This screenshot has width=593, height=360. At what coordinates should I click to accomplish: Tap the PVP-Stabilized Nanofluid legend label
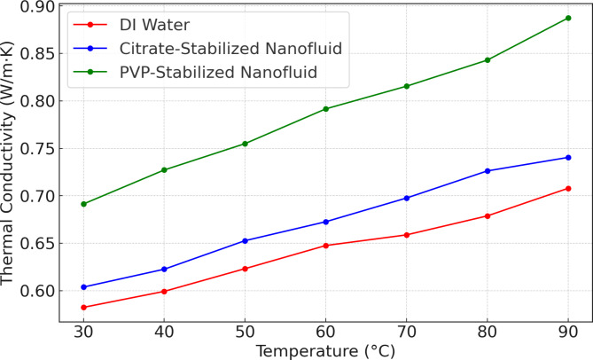[217, 70]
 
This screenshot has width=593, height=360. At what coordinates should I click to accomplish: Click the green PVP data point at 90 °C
[567, 18]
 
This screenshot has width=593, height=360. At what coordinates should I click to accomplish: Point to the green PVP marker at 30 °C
[84, 204]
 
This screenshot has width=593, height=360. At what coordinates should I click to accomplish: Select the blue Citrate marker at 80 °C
[487, 171]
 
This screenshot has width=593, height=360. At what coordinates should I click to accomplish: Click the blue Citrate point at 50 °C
[246, 241]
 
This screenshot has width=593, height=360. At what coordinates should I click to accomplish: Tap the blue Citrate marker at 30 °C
[84, 287]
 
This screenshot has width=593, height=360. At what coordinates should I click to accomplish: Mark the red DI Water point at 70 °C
[406, 235]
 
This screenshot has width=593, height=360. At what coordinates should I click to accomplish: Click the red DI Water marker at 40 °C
[165, 292]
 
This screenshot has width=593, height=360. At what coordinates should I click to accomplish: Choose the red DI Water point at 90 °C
[567, 188]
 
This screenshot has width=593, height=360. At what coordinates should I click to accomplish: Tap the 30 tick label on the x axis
[84, 331]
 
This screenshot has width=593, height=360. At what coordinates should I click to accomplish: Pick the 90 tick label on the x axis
[567, 331]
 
